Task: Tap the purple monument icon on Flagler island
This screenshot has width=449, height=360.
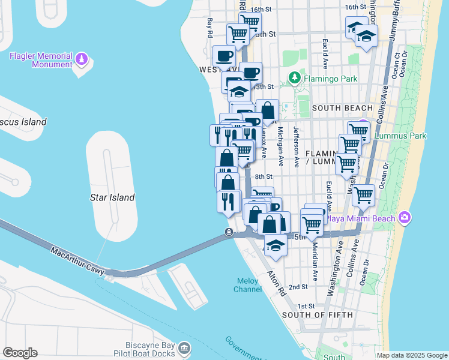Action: [x=82, y=60]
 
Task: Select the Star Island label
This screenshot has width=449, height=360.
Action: [x=112, y=197]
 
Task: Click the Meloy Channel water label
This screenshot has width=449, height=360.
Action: [x=247, y=284]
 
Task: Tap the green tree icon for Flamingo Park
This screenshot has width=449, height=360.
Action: [x=294, y=78]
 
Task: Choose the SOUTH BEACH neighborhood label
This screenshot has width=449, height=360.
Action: [x=343, y=108]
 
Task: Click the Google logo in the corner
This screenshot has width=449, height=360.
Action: [x=20, y=353]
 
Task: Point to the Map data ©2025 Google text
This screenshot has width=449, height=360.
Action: [x=411, y=355]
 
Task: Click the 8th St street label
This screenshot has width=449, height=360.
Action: [x=264, y=177]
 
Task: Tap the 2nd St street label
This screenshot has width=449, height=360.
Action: [x=298, y=287]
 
